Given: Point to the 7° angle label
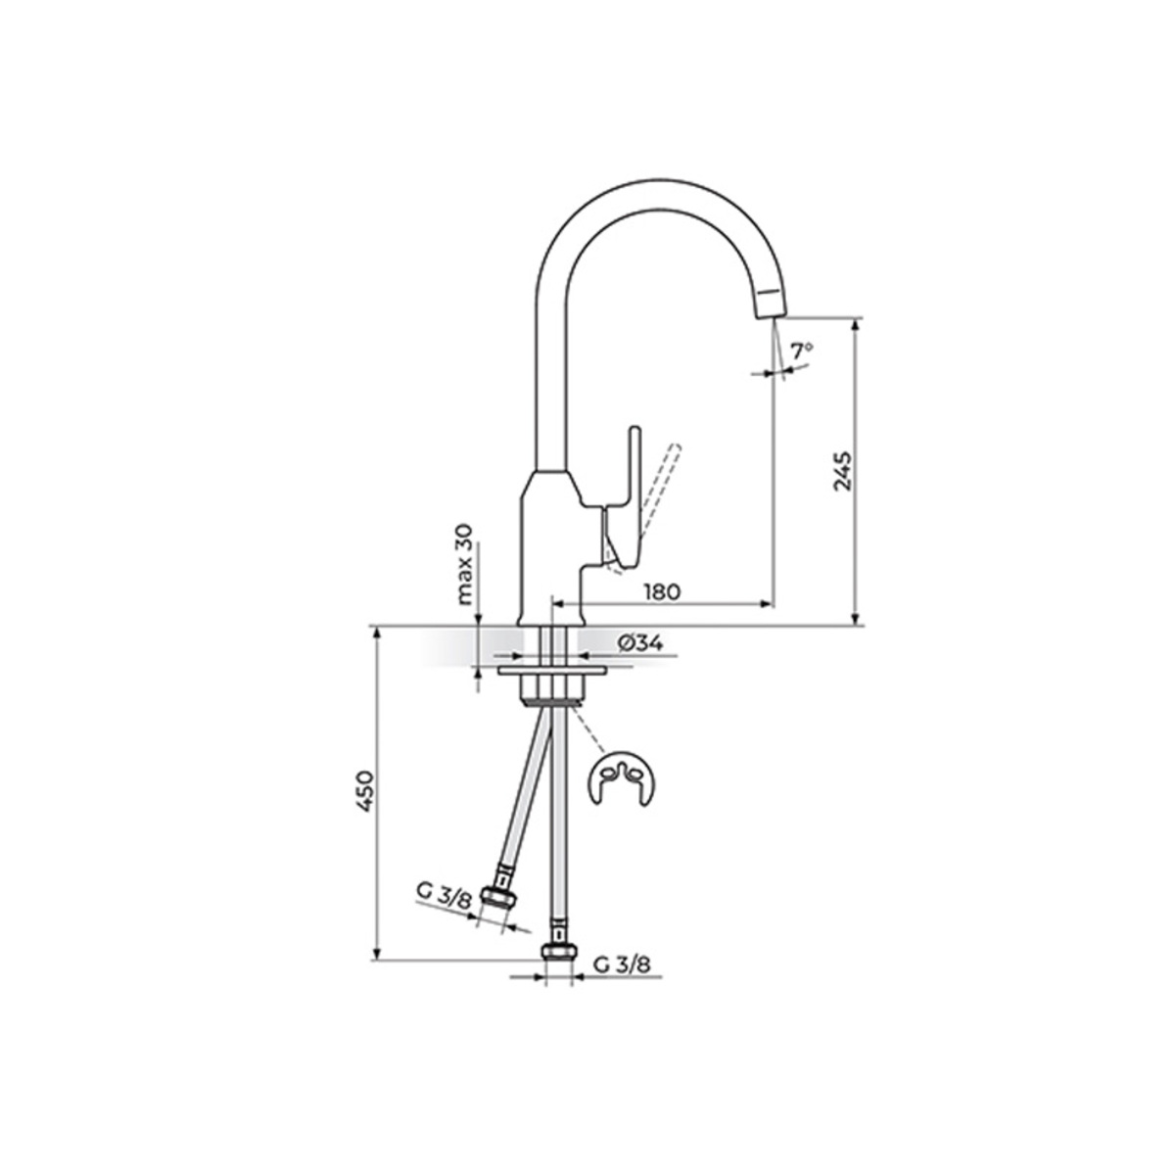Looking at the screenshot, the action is point(801,351).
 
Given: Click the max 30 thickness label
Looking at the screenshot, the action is point(465,563).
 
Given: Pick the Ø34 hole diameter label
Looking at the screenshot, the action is point(639,643).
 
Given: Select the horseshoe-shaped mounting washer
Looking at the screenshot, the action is point(622,778).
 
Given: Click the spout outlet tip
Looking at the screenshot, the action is point(770,314).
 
